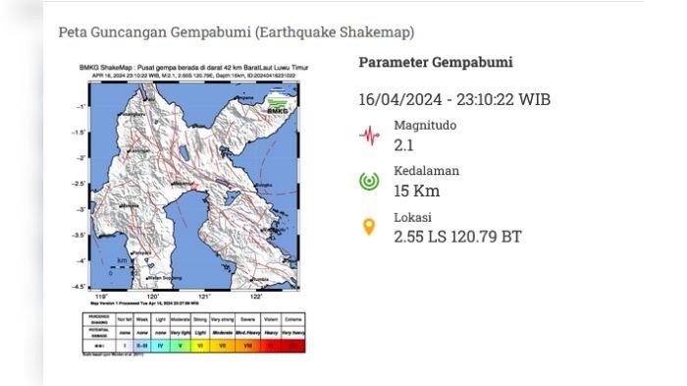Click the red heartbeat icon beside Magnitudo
click(x=369, y=135)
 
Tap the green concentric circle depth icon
click(x=369, y=181)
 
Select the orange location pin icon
click(x=369, y=227)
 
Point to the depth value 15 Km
click(x=416, y=190)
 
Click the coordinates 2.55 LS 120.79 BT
click(x=457, y=236)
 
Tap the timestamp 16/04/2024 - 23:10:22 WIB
click(x=453, y=99)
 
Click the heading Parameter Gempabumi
click(x=435, y=63)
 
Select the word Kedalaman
click(x=426, y=171)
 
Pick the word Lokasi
click(x=413, y=217)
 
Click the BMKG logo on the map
click(x=282, y=98)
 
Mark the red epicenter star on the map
click(x=195, y=185)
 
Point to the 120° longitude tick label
click(x=153, y=295)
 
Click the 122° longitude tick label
click(x=257, y=295)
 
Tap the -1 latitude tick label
click(x=84, y=107)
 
